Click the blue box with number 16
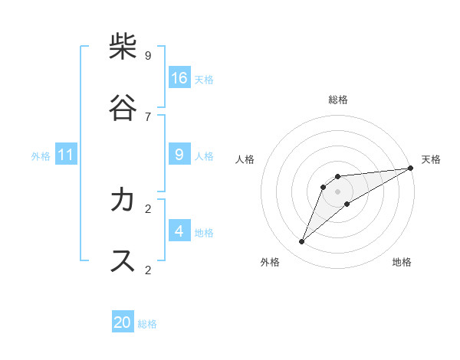[179, 77]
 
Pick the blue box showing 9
[179, 155]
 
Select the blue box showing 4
[179, 231]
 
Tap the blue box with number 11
[65, 155]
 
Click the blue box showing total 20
[123, 322]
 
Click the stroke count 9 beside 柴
[148, 56]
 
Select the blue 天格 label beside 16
[204, 79]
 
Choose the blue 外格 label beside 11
[41, 156]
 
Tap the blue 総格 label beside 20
[147, 324]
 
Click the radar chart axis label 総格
[338, 100]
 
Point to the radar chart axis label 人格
[245, 159]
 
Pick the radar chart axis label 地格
[402, 262]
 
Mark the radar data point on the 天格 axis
[410, 168]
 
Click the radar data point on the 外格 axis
[302, 242]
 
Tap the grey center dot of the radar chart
[338, 191]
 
